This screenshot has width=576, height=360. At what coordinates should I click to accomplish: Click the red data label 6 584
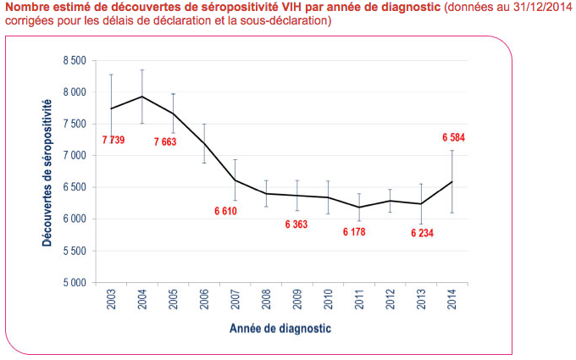coord(453,137)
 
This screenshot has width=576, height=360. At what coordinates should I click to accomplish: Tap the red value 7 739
coord(113,140)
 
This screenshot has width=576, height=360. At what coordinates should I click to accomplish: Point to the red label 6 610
coord(224,210)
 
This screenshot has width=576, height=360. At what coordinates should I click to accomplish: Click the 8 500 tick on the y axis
coord(75,61)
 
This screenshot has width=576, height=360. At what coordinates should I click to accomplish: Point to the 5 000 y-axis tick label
coord(75,282)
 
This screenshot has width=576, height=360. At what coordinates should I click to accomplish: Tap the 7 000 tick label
coord(75,156)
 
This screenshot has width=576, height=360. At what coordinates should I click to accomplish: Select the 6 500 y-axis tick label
coord(75,187)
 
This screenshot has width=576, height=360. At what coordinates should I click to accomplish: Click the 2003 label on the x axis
coord(111,302)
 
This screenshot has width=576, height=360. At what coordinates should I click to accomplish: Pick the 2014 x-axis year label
coord(452,302)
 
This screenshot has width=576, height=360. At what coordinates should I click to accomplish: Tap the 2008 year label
coord(266,302)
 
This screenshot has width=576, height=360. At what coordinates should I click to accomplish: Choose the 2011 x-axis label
coord(359,302)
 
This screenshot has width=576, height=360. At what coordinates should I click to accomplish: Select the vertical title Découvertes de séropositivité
coord(47,173)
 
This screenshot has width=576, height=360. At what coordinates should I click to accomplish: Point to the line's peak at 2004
coord(142,97)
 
